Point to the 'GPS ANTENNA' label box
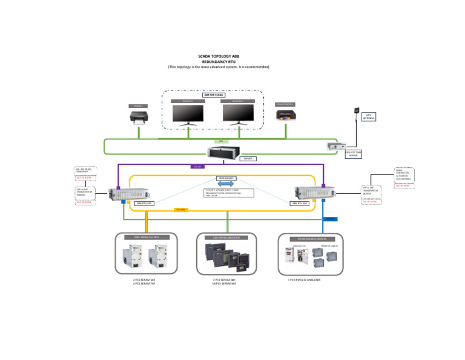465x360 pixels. (369, 116)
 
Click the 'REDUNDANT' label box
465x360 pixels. (226, 178)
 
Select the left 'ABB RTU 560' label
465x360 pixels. (144, 204)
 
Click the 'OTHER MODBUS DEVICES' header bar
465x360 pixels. (311, 239)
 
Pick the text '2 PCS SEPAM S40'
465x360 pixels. (144, 280)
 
